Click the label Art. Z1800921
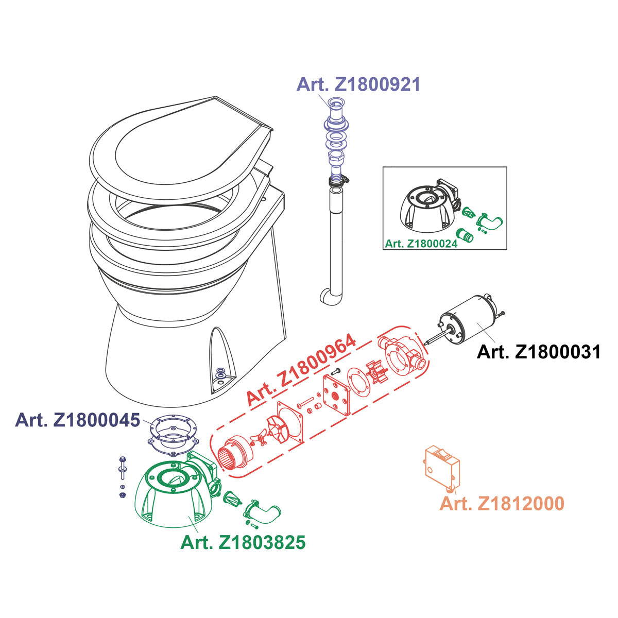pyautogui.click(x=358, y=84)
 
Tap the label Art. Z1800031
pyautogui.click(x=539, y=352)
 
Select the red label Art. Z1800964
pyautogui.click(x=301, y=369)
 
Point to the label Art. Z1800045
pyautogui.click(x=78, y=420)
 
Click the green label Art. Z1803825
pyautogui.click(x=243, y=543)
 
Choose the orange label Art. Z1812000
pyautogui.click(x=502, y=503)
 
